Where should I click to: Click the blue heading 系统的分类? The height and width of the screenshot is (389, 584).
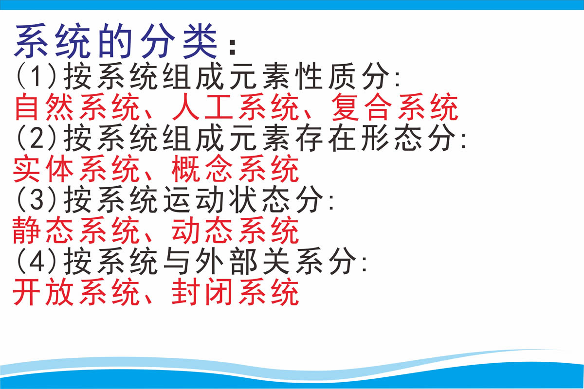pyautogui.click(x=115, y=41)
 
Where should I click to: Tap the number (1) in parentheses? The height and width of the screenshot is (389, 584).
pyautogui.click(x=36, y=76)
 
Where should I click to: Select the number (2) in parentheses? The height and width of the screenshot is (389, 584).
pyautogui.click(x=36, y=138)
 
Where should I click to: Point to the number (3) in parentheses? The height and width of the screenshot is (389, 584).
pyautogui.click(x=36, y=199)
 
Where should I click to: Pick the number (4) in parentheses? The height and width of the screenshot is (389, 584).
pyautogui.click(x=36, y=261)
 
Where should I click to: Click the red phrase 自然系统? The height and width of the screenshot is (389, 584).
pyautogui.click(x=77, y=107)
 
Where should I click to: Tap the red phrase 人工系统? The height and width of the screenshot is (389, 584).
pyautogui.click(x=236, y=107)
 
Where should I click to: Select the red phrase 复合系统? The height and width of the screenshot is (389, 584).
pyautogui.click(x=395, y=107)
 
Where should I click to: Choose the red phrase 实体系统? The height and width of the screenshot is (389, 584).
pyautogui.click(x=76, y=169)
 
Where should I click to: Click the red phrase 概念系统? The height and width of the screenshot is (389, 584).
pyautogui.click(x=235, y=169)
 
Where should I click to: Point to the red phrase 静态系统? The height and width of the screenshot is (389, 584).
pyautogui.click(x=76, y=230)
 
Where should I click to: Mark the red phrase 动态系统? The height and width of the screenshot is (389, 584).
pyautogui.click(x=235, y=230)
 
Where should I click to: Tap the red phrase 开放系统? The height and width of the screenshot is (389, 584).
pyautogui.click(x=76, y=292)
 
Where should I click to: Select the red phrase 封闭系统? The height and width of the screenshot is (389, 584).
pyautogui.click(x=235, y=292)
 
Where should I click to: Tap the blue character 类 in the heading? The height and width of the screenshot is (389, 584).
pyautogui.click(x=200, y=41)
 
